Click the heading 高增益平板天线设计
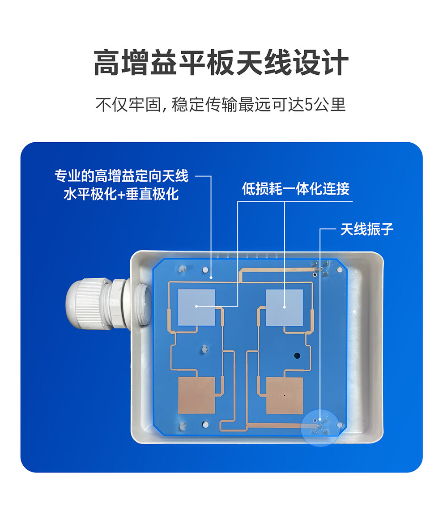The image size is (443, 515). point(221,62)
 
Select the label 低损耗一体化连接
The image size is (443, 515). point(295,188)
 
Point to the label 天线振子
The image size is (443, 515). point(367,229)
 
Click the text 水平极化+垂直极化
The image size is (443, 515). point(121,194)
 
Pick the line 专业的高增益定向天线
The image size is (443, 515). point(122,176)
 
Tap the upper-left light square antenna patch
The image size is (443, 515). point(196,307)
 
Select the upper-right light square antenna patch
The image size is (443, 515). point(285,307)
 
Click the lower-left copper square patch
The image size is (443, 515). point(196,395)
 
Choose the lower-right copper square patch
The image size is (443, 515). point(285,395)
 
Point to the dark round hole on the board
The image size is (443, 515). point(297,355)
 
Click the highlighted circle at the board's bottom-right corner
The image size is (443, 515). point(320,427)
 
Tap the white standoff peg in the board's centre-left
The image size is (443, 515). point(204,349)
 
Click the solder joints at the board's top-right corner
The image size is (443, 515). point(320,268)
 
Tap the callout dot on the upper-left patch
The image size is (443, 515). point(196,306)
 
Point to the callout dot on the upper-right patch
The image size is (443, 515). point(285,307)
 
